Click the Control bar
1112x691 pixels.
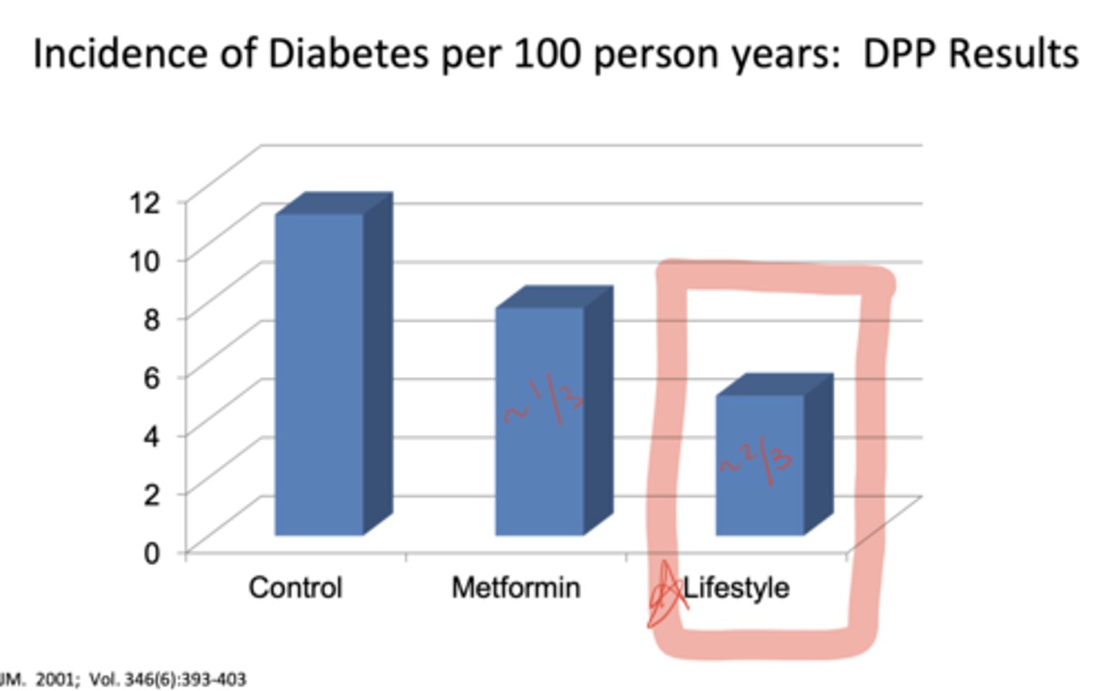click(319, 374)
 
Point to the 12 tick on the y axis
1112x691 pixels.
click(145, 202)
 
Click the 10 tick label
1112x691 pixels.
click(145, 261)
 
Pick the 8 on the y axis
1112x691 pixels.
click(151, 319)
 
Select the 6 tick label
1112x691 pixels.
click(151, 378)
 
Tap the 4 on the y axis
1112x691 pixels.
click(151, 435)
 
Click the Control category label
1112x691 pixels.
click(295, 588)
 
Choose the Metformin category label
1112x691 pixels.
click(516, 588)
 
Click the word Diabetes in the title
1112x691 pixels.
click(348, 54)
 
